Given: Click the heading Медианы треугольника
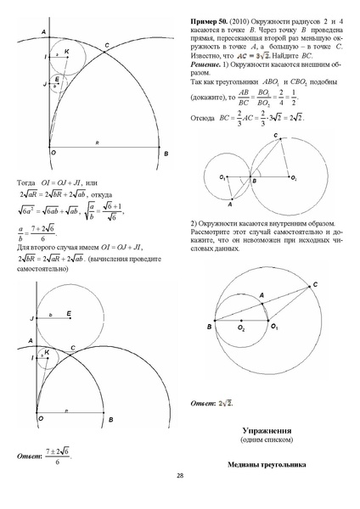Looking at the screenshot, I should point(267,465).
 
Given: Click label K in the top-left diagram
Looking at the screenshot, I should point(66,51).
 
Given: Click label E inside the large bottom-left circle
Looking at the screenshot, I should point(69,314).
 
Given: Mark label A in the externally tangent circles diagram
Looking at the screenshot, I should point(228,204).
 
